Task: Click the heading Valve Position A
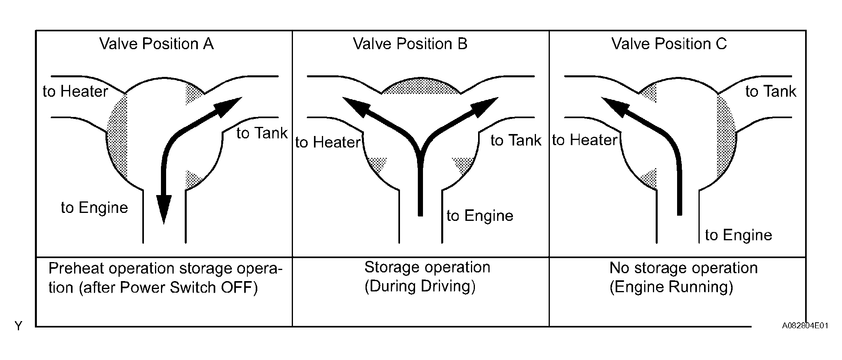pos(156,44)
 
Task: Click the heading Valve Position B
pos(410,44)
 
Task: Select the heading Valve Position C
pos(669,44)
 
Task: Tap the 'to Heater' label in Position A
pos(75,92)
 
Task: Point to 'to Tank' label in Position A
pos(262,133)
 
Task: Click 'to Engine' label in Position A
pos(94,208)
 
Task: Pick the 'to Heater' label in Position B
pos(328,142)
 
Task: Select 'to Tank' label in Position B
pos(515,140)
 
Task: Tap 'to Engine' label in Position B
pos(480,216)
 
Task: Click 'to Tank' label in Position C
pos(770,92)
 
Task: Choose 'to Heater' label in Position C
pos(585,140)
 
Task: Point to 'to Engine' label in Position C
pos(738,235)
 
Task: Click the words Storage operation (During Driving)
pos(427,277)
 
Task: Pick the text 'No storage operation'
pos(683,268)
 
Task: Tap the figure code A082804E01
pos(805,326)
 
